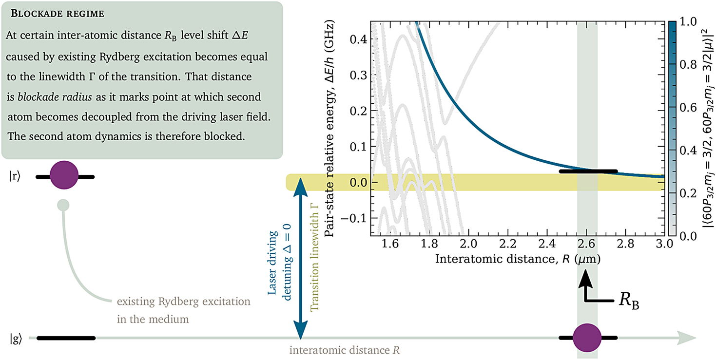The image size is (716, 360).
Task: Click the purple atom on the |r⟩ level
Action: [64, 176]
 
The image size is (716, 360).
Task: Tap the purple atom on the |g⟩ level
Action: [587, 337]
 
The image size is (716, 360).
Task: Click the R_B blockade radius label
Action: [629, 302]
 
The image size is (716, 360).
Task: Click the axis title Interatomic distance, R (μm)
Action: [517, 260]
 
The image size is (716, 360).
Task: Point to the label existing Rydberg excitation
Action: [184, 302]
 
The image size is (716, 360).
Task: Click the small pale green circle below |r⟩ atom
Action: [63, 205]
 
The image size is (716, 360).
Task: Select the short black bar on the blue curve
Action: [588, 171]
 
